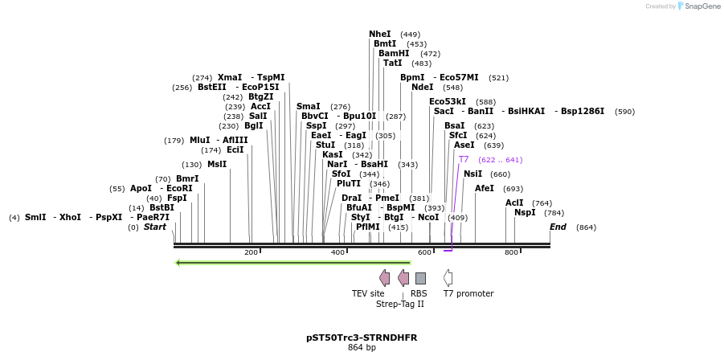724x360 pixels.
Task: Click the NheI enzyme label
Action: (380, 35)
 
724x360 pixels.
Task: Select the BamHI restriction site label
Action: (394, 54)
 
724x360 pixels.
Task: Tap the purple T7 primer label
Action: (464, 160)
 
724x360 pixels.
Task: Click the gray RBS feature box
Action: (420, 278)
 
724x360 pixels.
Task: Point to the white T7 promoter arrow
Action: (448, 278)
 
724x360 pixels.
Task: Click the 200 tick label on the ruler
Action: (251, 252)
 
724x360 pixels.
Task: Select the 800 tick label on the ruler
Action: (511, 252)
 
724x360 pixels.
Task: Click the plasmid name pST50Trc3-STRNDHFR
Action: (362, 337)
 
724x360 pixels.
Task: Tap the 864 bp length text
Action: (362, 348)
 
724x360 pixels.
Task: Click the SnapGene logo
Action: (697, 6)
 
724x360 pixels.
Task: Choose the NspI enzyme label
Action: (525, 213)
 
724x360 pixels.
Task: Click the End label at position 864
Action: (558, 227)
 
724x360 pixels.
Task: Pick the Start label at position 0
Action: (155, 227)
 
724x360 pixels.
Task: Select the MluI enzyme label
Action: (199, 141)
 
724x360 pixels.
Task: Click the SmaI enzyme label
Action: (308, 106)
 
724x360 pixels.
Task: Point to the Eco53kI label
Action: (448, 102)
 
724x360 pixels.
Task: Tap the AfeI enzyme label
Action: (485, 189)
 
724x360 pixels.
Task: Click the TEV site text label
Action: (368, 294)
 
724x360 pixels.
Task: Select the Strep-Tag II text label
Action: (399, 305)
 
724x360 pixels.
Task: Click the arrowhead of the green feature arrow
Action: (178, 262)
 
